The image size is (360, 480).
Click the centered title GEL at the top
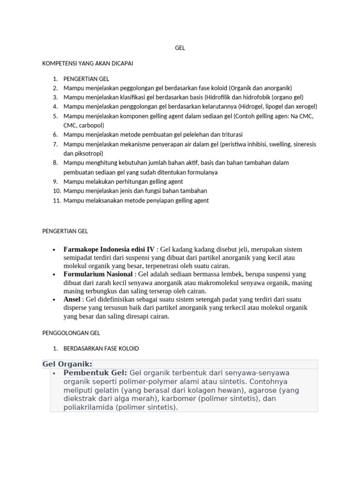pos(180,48)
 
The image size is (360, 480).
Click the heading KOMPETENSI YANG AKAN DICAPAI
pos(88,63)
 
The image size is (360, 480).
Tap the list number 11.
pos(57,201)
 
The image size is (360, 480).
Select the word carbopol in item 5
pos(92,126)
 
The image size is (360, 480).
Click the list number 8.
pos(55,163)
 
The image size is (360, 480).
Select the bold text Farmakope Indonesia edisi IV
pos(109,249)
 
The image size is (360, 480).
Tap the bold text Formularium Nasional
pos(98,274)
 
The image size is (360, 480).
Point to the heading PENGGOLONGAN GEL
pos(71,333)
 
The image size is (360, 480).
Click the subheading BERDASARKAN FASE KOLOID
pos(101,349)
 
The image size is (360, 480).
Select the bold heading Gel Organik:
pos(67,364)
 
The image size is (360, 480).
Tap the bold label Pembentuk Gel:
pos(95,373)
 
